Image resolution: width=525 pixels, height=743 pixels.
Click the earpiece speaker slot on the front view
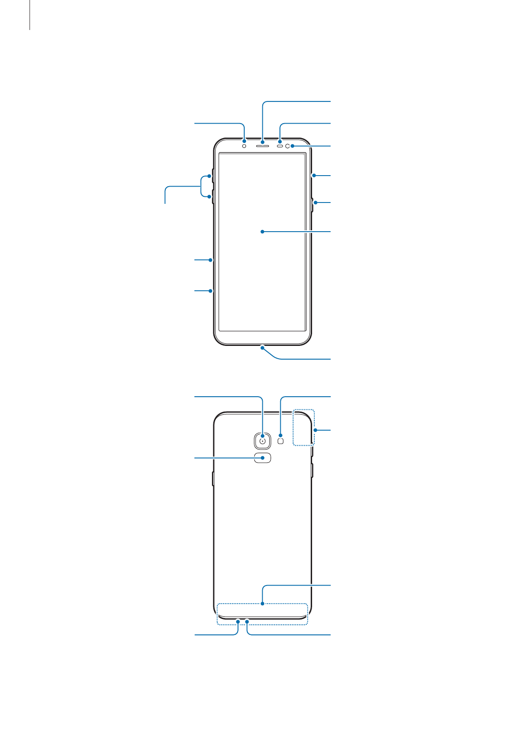(263, 143)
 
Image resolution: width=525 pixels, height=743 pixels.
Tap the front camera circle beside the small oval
(287, 146)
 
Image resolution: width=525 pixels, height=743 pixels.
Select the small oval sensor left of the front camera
(279, 145)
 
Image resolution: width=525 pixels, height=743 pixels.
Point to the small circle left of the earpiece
(244, 145)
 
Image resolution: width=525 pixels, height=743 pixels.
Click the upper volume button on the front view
(212, 176)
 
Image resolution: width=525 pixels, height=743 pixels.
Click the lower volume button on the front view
(212, 197)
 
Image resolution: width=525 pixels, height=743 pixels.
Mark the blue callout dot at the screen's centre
(262, 231)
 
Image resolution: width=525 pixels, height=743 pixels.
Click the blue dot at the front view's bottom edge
(262, 348)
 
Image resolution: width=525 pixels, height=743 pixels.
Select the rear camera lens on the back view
(263, 440)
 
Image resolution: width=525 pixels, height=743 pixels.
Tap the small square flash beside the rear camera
(280, 441)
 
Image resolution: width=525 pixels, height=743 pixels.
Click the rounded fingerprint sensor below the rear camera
(263, 458)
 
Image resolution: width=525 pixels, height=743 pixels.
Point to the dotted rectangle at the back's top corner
(304, 427)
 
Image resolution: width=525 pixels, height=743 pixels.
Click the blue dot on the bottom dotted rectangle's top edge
(262, 603)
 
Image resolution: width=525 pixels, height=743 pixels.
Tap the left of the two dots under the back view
(238, 621)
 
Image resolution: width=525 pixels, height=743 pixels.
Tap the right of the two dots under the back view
(248, 621)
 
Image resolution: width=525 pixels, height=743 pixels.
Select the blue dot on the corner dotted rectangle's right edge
(315, 430)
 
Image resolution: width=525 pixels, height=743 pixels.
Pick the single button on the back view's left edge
(213, 478)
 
